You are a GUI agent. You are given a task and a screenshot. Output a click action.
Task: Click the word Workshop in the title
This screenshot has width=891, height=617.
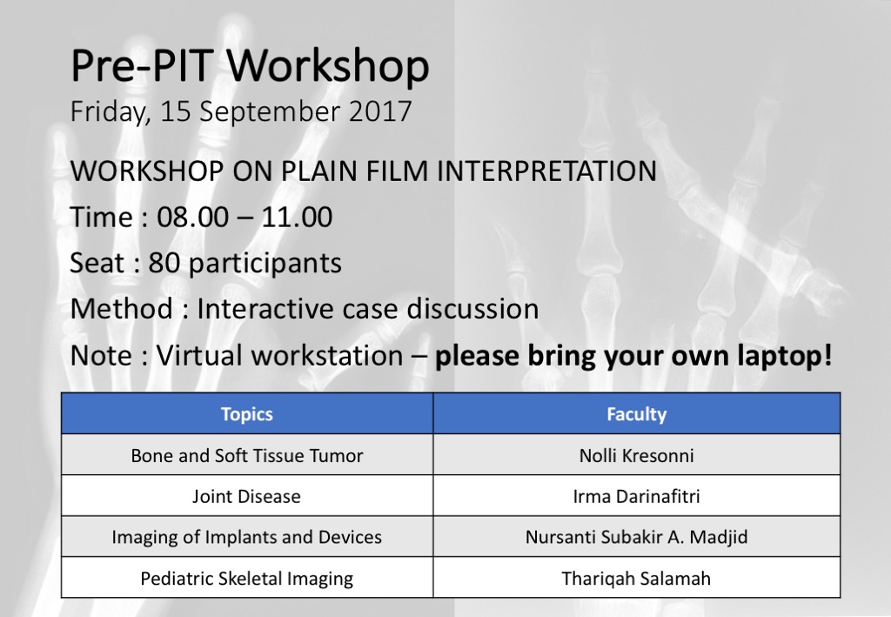pos(328,67)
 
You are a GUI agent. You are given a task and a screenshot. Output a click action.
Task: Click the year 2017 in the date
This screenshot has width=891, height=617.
pos(380,111)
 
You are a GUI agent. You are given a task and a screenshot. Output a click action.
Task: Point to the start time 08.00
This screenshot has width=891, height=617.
pos(192,217)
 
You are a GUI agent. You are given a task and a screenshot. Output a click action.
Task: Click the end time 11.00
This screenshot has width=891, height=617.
pos(297,217)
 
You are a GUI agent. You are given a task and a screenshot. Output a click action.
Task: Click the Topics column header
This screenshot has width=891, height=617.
pos(246,414)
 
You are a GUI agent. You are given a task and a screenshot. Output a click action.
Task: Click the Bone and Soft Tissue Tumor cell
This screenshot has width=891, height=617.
pos(246,456)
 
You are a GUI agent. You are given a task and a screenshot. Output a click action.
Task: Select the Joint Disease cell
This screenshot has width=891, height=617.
pos(246,497)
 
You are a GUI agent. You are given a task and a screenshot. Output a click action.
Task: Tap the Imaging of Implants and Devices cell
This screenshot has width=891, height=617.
pos(246,538)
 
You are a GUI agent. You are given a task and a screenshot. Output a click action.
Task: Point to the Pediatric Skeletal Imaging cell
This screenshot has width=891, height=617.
pos(246,579)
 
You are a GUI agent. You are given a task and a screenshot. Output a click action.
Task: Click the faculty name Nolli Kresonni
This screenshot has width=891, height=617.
pos(636,456)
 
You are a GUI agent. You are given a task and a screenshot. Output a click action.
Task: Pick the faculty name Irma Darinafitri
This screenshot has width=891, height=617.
pos(636,497)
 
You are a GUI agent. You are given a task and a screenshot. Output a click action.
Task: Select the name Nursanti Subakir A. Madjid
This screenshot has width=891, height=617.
pos(636,538)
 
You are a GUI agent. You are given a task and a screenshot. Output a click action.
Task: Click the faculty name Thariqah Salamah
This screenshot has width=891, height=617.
pos(636,579)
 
